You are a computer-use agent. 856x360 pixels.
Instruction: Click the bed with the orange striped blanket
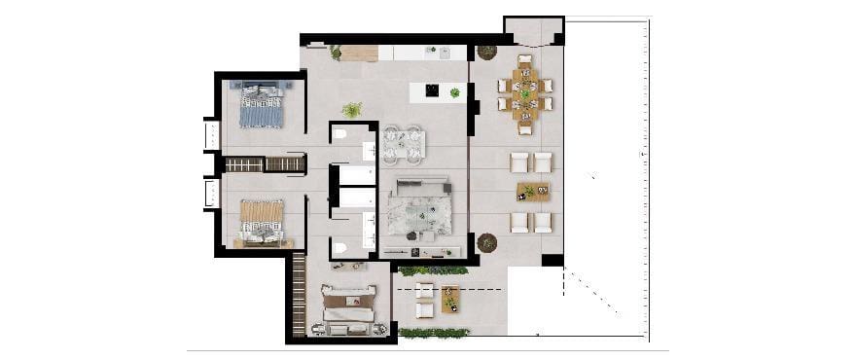(262, 220)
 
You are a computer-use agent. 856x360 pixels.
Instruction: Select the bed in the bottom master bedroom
(347, 306)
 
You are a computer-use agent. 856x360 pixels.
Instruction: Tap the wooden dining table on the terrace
(525, 94)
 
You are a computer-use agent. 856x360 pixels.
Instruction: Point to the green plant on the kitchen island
(454, 92)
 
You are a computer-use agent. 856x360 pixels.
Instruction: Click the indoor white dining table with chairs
(403, 145)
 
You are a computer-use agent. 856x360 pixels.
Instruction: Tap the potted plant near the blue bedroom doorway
(352, 110)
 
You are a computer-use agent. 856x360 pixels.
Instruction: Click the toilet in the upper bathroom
(339, 135)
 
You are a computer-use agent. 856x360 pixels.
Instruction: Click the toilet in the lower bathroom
(339, 248)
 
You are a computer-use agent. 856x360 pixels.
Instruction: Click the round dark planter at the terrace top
(487, 52)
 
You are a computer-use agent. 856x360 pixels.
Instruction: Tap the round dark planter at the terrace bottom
(487, 242)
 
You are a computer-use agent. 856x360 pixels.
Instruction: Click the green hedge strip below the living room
(433, 270)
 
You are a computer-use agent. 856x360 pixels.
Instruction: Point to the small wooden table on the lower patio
(449, 298)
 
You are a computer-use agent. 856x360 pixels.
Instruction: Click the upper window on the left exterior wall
(210, 134)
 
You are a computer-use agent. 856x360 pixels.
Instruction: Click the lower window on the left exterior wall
(210, 193)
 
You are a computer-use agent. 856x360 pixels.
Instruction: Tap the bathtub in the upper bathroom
(356, 175)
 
